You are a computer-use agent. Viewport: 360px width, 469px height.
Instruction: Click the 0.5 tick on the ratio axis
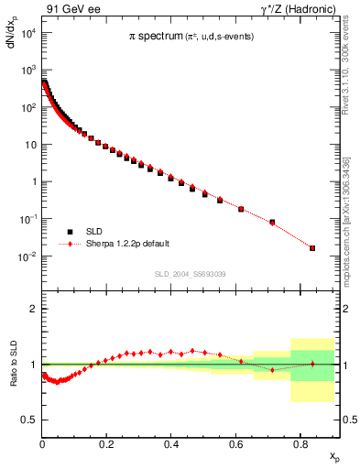[30, 420]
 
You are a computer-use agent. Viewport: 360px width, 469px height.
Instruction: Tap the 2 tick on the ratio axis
[33, 309]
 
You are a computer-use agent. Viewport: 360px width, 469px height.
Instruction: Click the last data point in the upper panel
[312, 248]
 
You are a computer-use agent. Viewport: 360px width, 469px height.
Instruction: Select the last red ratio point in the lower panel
[312, 364]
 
